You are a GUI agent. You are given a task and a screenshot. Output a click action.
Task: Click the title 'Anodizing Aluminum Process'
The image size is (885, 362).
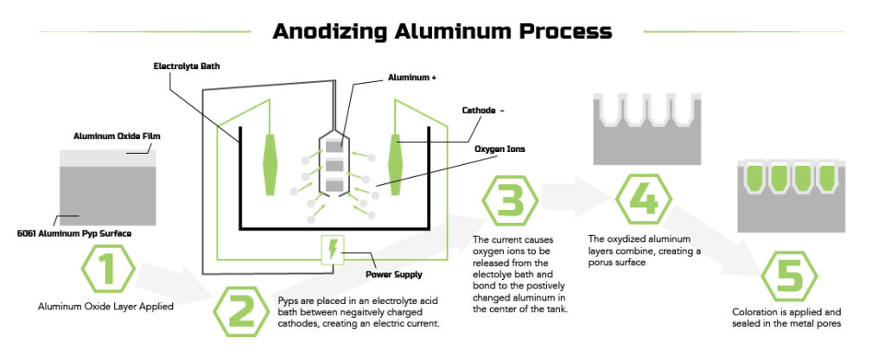[x=442, y=32]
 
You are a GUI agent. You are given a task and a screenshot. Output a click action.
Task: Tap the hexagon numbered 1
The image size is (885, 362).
[x=107, y=270]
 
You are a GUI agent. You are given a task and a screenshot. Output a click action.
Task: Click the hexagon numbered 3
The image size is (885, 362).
[x=511, y=201]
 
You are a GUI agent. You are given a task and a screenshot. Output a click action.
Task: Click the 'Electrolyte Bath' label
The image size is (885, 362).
[x=188, y=66]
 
